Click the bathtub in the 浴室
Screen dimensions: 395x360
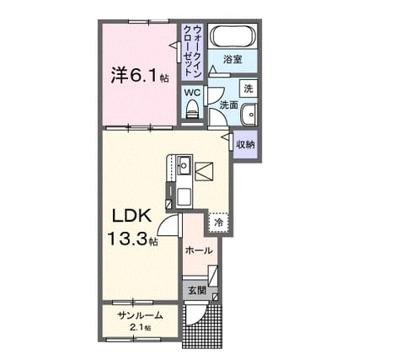click(x=233, y=36)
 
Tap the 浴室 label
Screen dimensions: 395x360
click(x=232, y=60)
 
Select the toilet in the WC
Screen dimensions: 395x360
click(x=193, y=110)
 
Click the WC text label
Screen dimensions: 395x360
click(x=192, y=93)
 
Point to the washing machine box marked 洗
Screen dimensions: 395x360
click(x=248, y=89)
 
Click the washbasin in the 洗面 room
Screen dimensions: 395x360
click(x=248, y=115)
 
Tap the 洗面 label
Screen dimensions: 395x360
click(x=228, y=105)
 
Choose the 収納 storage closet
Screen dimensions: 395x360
click(x=245, y=144)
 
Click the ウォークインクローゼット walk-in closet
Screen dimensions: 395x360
click(x=192, y=52)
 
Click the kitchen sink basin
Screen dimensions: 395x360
click(x=184, y=164)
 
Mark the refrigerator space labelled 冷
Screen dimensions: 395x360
click(x=218, y=223)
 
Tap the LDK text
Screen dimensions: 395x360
click(x=131, y=217)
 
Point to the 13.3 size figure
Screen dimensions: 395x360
click(x=127, y=239)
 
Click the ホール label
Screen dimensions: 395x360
click(x=199, y=250)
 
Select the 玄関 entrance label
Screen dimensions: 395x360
click(x=197, y=290)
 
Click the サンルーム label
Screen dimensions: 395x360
click(x=141, y=316)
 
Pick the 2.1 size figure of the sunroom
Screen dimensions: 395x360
click(x=136, y=327)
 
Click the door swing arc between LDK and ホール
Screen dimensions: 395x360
click(x=163, y=222)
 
